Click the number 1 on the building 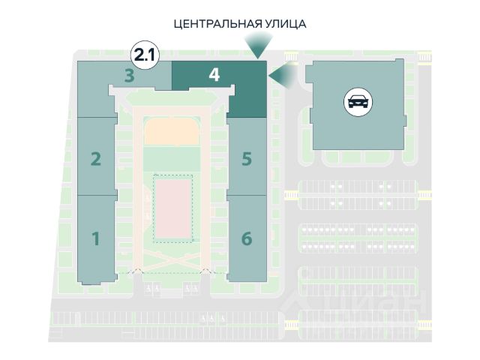pos(95,238)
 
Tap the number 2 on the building pos(95,159)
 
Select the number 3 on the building pos(130,75)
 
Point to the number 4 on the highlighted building pos(214,75)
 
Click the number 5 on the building pos(246,159)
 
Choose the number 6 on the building pos(247,238)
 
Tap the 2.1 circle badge pos(145,54)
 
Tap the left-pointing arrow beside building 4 pos(280,75)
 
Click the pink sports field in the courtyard pos(173,206)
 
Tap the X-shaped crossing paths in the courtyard pos(172,259)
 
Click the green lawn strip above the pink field pos(172,158)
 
